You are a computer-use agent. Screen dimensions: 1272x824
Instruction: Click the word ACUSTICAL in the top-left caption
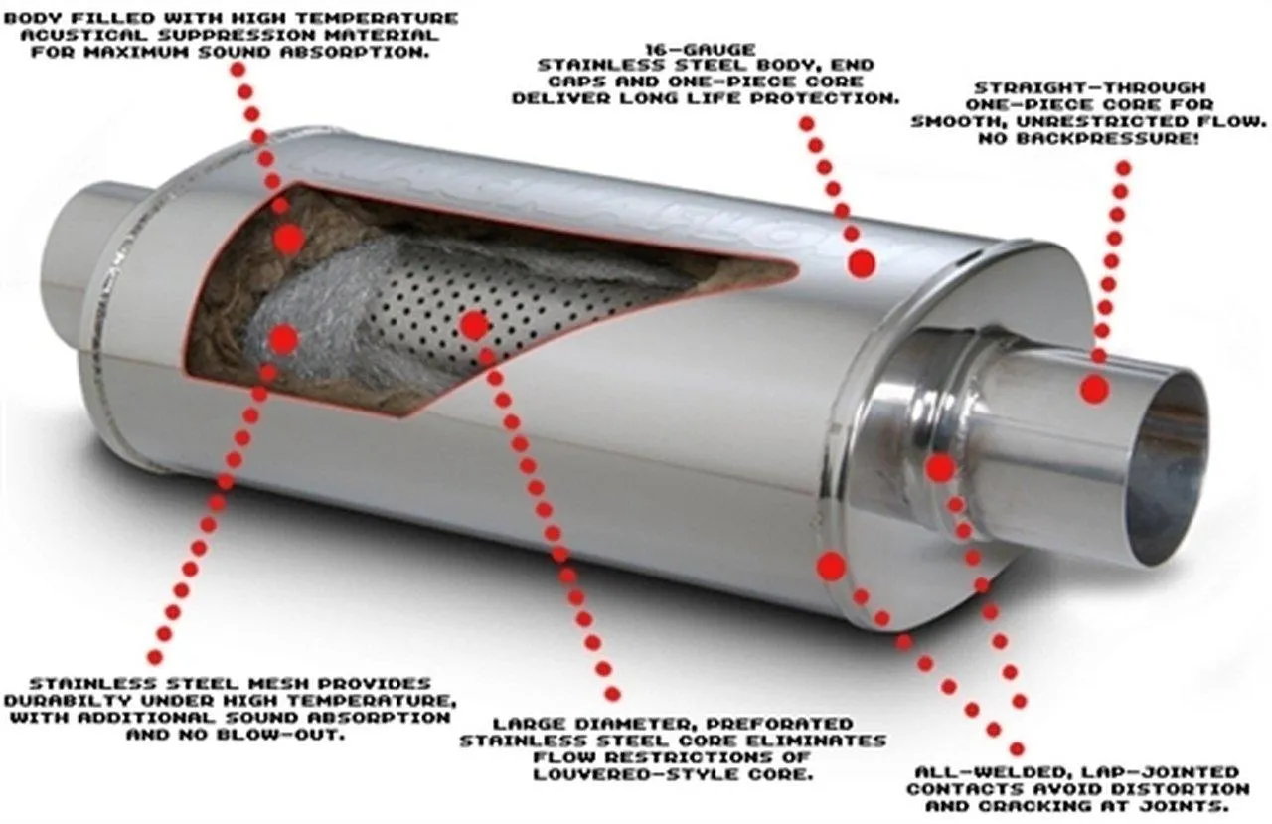coord(83,35)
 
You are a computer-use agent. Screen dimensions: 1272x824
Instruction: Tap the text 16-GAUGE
coord(701,50)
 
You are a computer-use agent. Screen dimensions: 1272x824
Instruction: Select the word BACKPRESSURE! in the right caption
coord(1106,138)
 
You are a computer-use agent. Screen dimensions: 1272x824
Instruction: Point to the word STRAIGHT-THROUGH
coord(1090,88)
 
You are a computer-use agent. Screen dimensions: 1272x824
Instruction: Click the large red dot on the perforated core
coord(474,325)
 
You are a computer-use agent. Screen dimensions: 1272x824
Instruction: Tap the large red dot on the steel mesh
coord(284,339)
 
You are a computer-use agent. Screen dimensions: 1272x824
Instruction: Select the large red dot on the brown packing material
coord(289,240)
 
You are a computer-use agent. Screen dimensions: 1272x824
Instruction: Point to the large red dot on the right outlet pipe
coord(1095,390)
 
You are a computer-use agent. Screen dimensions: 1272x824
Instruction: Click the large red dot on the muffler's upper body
coord(862,263)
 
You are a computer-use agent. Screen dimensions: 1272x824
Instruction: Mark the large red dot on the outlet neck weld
coord(940,469)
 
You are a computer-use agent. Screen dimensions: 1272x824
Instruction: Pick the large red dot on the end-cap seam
coord(832,567)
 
